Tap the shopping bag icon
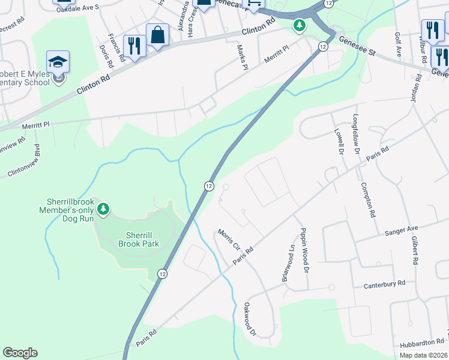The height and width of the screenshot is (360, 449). tap(158, 35)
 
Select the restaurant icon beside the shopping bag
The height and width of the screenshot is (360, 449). tap(134, 46)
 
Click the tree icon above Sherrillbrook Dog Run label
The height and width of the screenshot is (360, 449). tap(104, 209)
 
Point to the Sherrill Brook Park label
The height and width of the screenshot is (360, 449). tap(142, 239)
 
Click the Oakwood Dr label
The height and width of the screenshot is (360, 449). tap(250, 319)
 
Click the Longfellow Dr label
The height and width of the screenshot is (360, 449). tap(357, 136)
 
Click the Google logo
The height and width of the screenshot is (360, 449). tap(20, 353)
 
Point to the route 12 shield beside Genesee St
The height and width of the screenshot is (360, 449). tap(322, 46)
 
